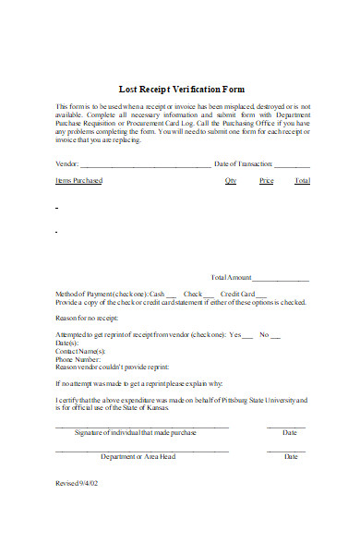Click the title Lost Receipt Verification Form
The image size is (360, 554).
(x=182, y=90)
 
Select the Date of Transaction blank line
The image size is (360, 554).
(x=292, y=165)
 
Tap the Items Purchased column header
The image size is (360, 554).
(x=79, y=181)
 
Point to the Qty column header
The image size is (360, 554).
(x=230, y=181)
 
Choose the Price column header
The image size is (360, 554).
(x=267, y=181)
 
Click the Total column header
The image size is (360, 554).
(x=302, y=181)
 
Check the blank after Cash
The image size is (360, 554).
(x=172, y=295)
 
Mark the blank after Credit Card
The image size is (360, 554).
(x=261, y=295)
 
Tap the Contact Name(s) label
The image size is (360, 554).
(x=81, y=351)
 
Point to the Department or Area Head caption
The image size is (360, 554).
(x=138, y=456)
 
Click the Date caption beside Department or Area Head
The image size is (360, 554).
(x=291, y=456)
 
